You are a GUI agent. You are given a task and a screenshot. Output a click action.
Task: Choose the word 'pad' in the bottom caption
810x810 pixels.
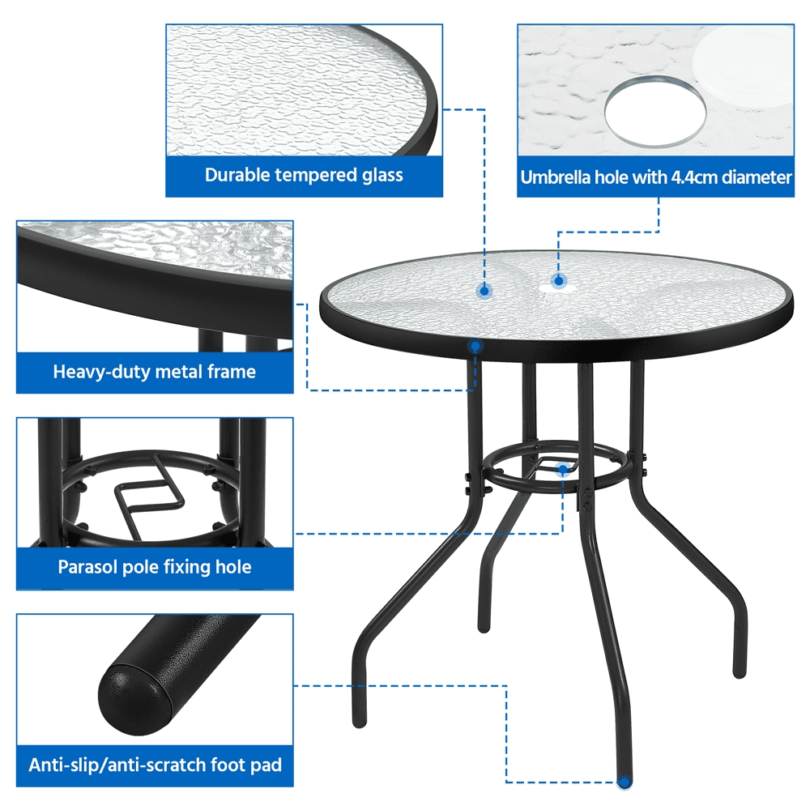coord(267,765)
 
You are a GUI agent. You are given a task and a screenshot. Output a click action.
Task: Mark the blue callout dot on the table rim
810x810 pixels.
coord(475,347)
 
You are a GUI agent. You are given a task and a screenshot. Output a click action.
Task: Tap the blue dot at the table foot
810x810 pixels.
coord(625,783)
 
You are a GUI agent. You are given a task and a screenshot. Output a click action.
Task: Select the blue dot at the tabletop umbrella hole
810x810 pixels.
coord(558,281)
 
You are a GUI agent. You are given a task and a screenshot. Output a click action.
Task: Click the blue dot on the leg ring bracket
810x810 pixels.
coord(563,468)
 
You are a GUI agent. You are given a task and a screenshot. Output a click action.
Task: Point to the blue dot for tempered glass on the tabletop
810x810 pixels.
coord(484,290)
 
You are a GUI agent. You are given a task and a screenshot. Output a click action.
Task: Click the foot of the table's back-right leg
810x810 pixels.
coord(740,671)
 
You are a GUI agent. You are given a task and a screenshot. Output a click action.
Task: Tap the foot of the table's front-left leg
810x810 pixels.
coord(360,721)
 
